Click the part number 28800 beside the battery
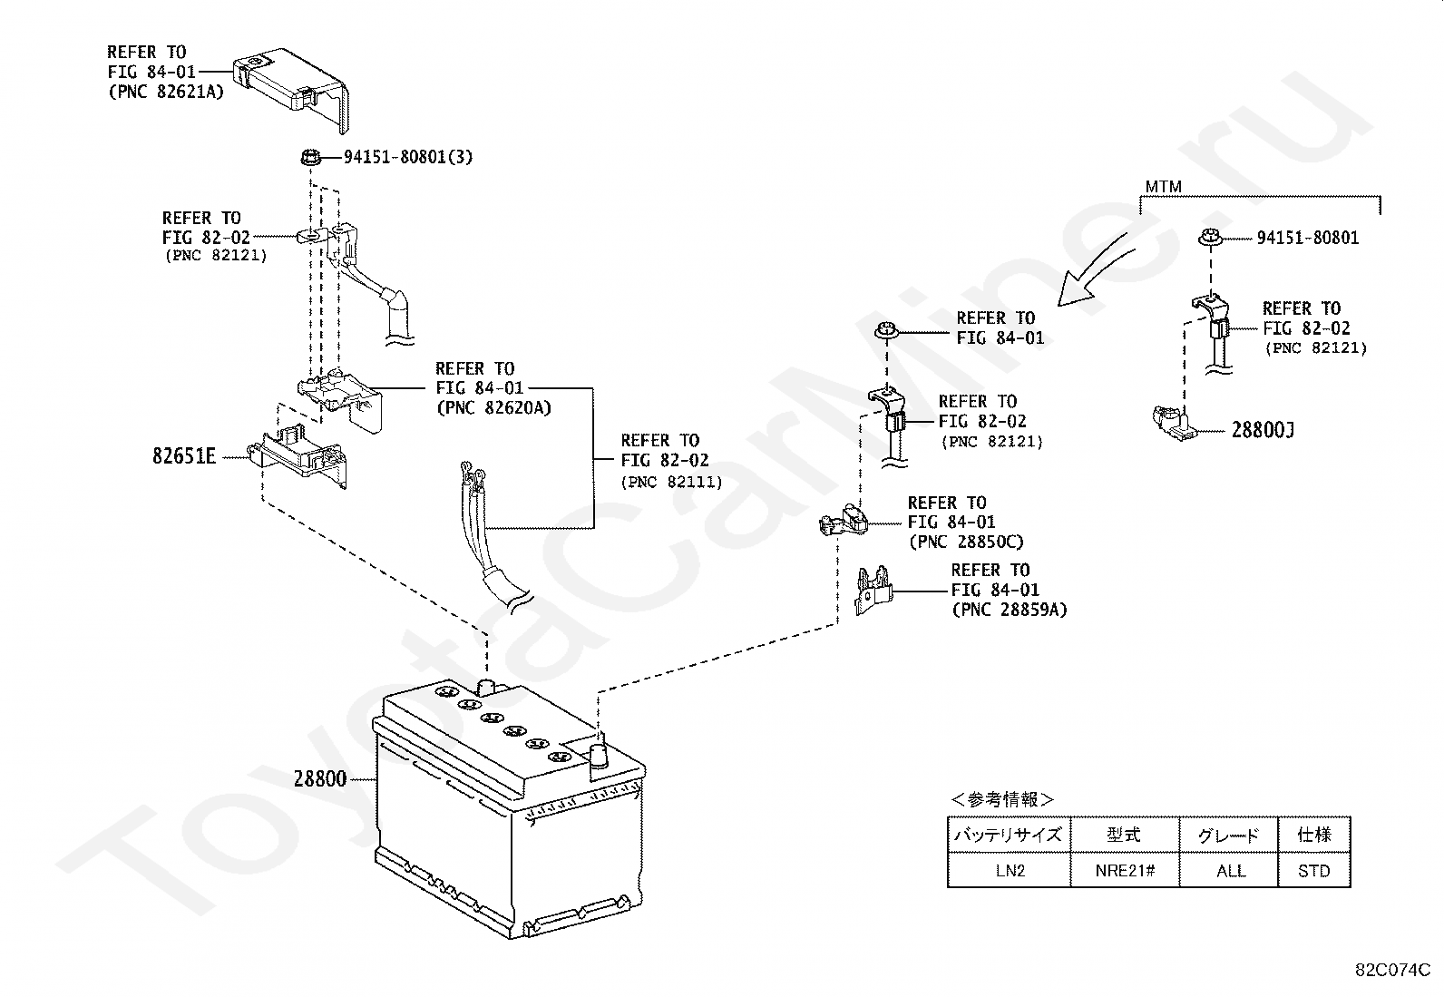(x=320, y=779)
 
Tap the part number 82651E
(x=184, y=456)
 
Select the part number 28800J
(x=1263, y=430)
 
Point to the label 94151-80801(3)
(x=408, y=157)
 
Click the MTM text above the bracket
(x=1164, y=187)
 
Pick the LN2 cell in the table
(x=1010, y=871)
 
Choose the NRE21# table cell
(x=1125, y=871)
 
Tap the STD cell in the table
(x=1313, y=871)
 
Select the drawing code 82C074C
(x=1392, y=970)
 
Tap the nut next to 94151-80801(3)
(x=311, y=157)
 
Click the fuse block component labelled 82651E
(x=299, y=454)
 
